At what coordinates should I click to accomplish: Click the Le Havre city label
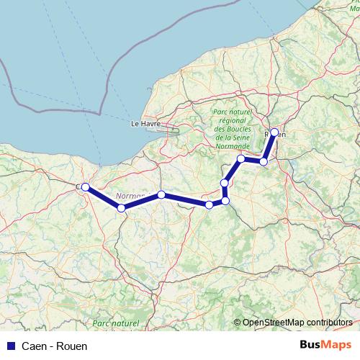tap(145, 123)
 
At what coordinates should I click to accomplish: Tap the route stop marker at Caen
tap(85, 187)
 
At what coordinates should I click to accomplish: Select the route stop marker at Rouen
tap(274, 132)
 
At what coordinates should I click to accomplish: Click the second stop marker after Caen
tap(161, 194)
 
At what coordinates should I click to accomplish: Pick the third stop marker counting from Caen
tap(209, 204)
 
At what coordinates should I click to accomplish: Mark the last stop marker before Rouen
tap(264, 162)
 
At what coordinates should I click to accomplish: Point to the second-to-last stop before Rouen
tap(240, 158)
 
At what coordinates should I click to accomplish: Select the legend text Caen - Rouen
tap(55, 346)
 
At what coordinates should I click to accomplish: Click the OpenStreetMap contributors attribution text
tap(297, 323)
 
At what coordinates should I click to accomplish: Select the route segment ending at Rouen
tap(269, 148)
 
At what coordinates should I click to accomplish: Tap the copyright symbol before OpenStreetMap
tap(238, 323)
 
